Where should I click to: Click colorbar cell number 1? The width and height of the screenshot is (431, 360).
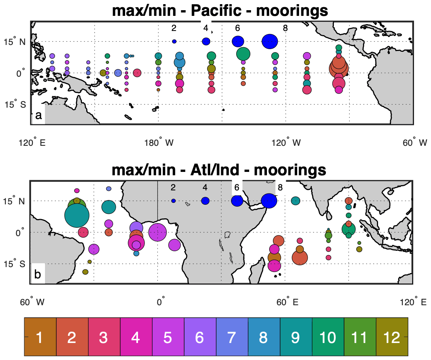pyautogui.click(x=40, y=337)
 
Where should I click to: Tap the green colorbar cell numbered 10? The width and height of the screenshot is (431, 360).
pyautogui.click(x=328, y=337)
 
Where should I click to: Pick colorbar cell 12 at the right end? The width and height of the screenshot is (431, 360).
pyautogui.click(x=392, y=337)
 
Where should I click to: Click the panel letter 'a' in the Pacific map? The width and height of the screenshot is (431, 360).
pyautogui.click(x=38, y=116)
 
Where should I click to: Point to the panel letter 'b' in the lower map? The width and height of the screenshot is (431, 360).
pyautogui.click(x=38, y=275)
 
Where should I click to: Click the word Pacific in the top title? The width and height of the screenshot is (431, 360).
pyautogui.click(x=216, y=11)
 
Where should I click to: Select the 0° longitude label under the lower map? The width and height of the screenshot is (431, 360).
pyautogui.click(x=161, y=302)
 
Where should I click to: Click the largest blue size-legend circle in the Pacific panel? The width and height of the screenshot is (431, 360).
pyautogui.click(x=270, y=41)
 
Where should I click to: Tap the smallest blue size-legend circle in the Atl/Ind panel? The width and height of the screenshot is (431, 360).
pyautogui.click(x=174, y=201)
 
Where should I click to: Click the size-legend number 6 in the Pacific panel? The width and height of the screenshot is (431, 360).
pyautogui.click(x=237, y=28)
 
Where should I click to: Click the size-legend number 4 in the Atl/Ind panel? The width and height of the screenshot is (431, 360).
pyautogui.click(x=205, y=187)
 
